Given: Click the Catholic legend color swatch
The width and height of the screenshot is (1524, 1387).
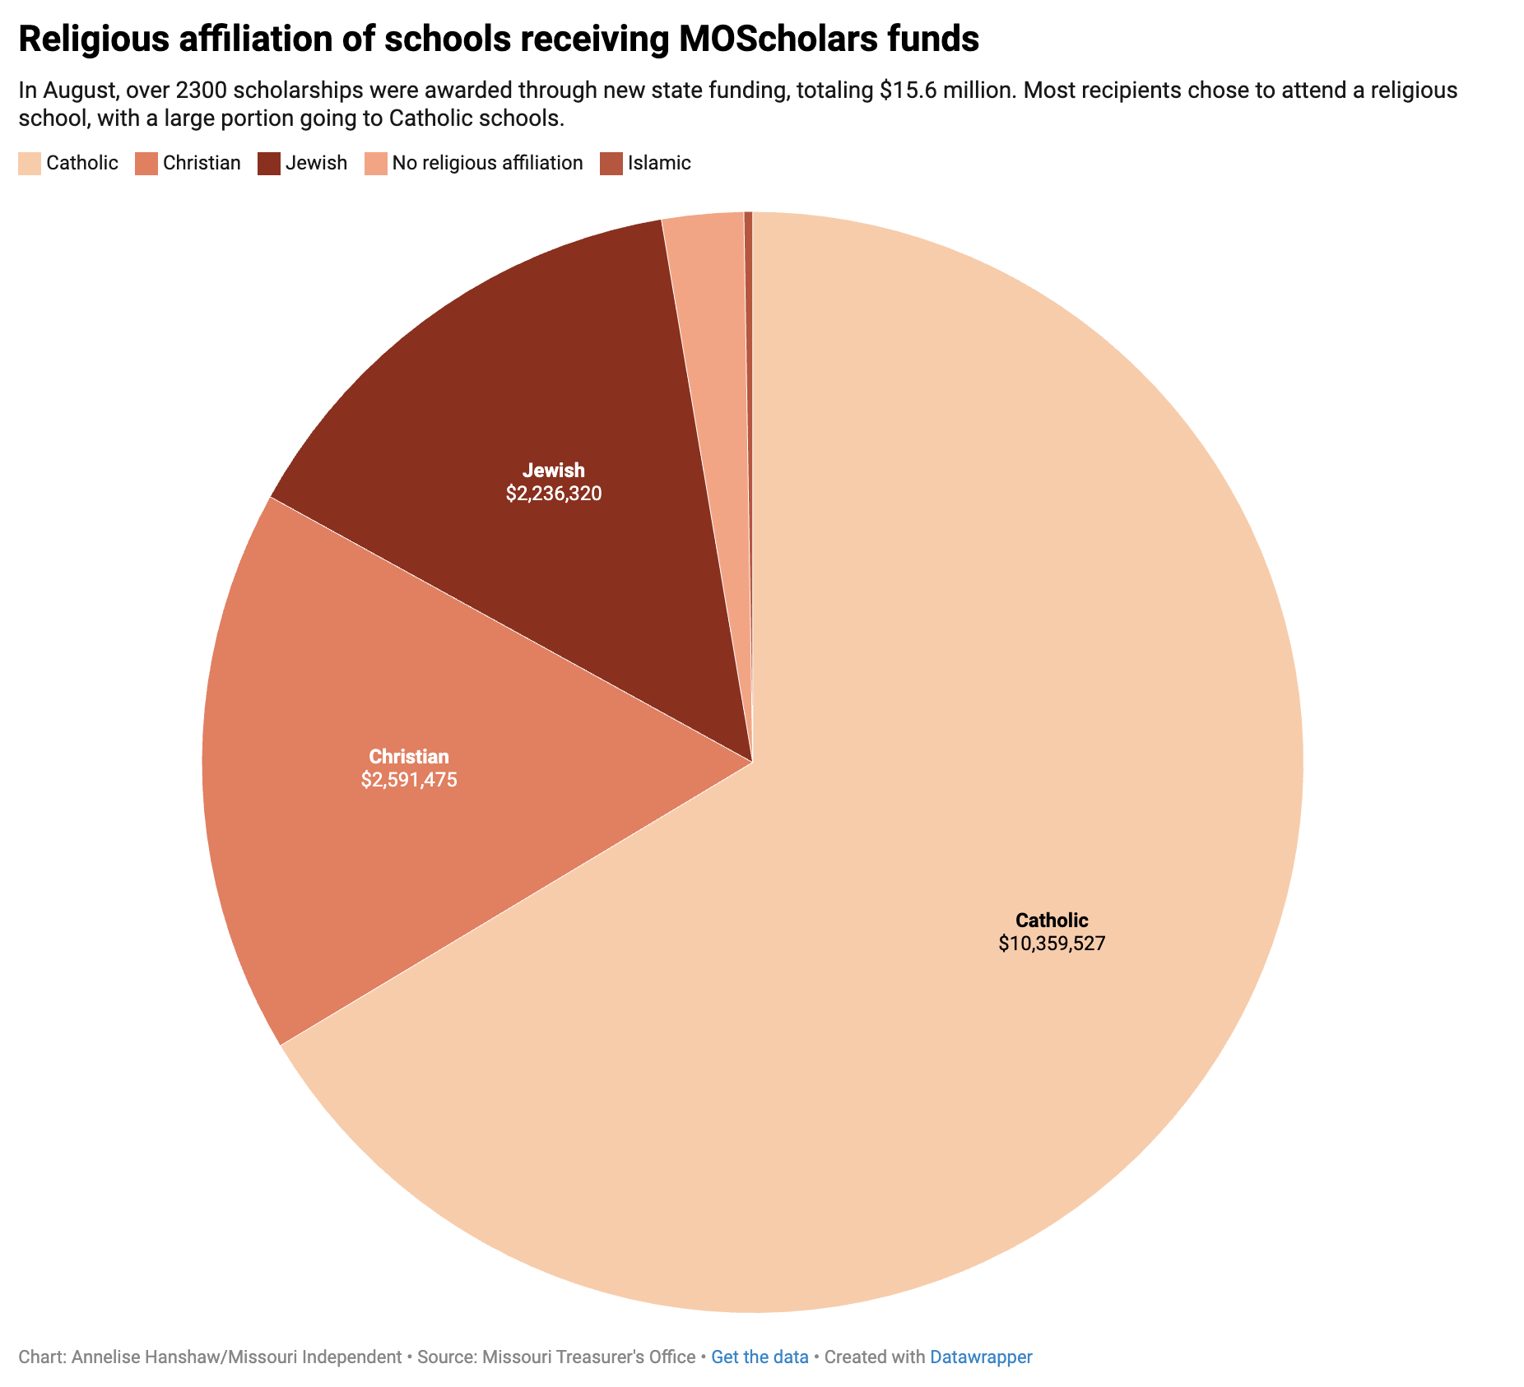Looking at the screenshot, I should (x=29, y=163).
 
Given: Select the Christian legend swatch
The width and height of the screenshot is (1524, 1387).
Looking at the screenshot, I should (x=146, y=163).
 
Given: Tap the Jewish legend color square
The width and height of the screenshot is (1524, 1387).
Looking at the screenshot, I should (x=268, y=163).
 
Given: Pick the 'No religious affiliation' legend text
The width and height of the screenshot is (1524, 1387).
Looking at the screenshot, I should (x=487, y=163).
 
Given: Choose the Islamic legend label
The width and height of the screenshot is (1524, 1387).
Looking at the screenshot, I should (x=658, y=163).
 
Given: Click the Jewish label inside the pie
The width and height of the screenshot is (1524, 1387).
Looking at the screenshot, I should (x=554, y=471).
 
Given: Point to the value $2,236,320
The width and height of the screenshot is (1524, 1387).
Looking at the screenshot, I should (x=554, y=494).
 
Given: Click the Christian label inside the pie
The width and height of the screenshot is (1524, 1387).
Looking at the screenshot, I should (x=409, y=756).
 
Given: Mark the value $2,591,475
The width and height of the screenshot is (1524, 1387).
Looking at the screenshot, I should (x=409, y=779).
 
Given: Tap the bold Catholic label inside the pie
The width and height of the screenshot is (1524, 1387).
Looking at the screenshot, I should (x=1052, y=920).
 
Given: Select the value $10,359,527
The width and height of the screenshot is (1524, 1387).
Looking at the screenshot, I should (x=1052, y=944).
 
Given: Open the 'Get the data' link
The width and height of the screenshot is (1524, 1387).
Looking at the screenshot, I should (x=760, y=1357).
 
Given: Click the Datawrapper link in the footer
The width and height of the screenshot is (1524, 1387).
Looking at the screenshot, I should (x=981, y=1357).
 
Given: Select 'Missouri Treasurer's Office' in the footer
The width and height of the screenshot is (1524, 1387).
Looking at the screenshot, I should (x=588, y=1357).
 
